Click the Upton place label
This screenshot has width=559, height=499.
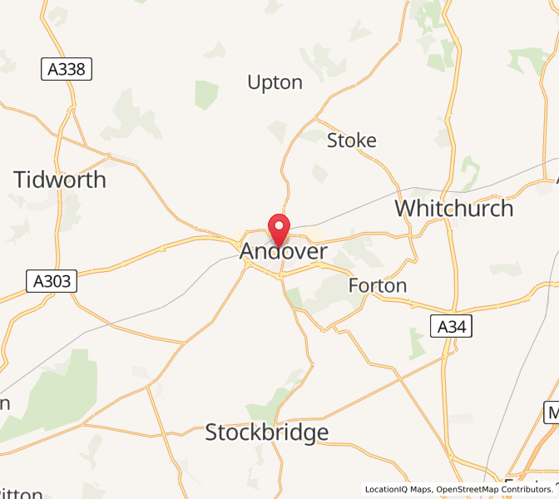point(275,82)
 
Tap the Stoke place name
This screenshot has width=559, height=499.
point(351,141)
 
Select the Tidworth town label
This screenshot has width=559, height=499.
point(60,180)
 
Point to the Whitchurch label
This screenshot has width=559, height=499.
point(453,207)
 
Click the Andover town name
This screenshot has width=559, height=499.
point(284,251)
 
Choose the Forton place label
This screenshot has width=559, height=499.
point(378,286)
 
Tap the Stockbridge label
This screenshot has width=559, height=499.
point(266,432)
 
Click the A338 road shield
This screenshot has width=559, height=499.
point(67,69)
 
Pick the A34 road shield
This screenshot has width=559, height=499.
point(452,327)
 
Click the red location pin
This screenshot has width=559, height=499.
point(278,227)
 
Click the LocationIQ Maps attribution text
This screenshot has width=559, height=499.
point(398,489)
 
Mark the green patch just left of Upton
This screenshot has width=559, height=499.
point(205,94)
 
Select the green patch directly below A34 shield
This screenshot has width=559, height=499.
point(418,343)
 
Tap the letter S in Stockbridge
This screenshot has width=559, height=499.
point(212,432)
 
